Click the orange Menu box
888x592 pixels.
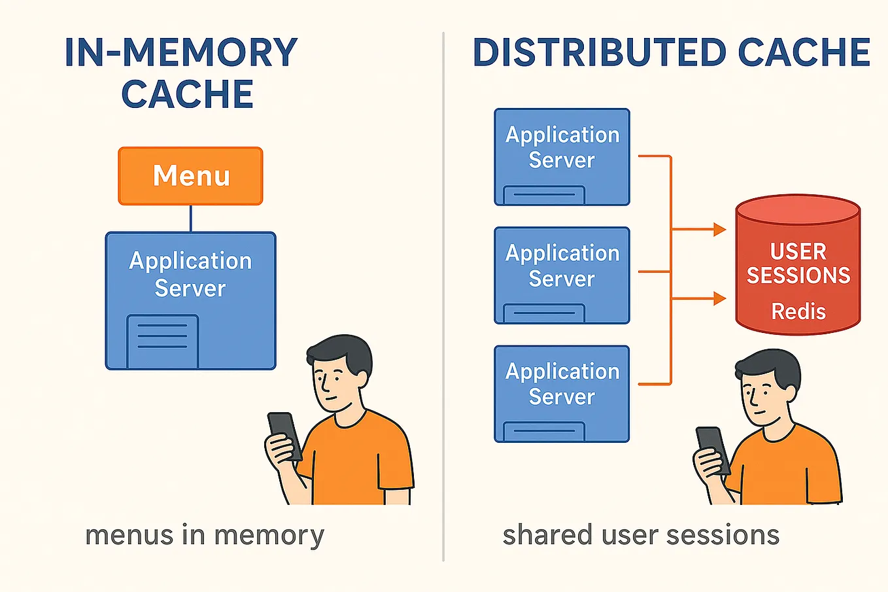[x=190, y=176]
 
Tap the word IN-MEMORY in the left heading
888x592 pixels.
[x=181, y=53]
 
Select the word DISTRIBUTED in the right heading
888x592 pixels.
[x=599, y=53]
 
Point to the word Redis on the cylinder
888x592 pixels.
[x=798, y=311]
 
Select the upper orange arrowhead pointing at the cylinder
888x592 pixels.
[x=720, y=230]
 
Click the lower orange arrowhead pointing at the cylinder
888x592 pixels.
[x=720, y=299]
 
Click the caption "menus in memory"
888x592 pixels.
[x=205, y=535]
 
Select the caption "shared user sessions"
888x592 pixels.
[x=641, y=535]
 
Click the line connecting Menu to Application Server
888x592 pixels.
[x=190, y=218]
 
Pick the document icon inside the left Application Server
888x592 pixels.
[x=162, y=341]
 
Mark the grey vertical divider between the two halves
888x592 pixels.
[x=443, y=294]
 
